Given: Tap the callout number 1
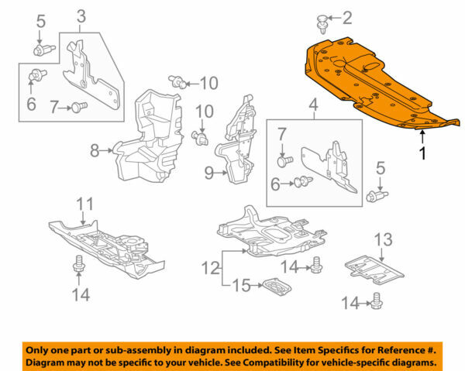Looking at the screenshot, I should point(422,153).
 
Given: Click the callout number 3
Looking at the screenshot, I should point(81,15).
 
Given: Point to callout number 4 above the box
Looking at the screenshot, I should point(313,104).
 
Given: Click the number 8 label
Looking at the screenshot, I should point(95,151).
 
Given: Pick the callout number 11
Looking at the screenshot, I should point(84,204).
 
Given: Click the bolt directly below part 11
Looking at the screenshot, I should point(78,266).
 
